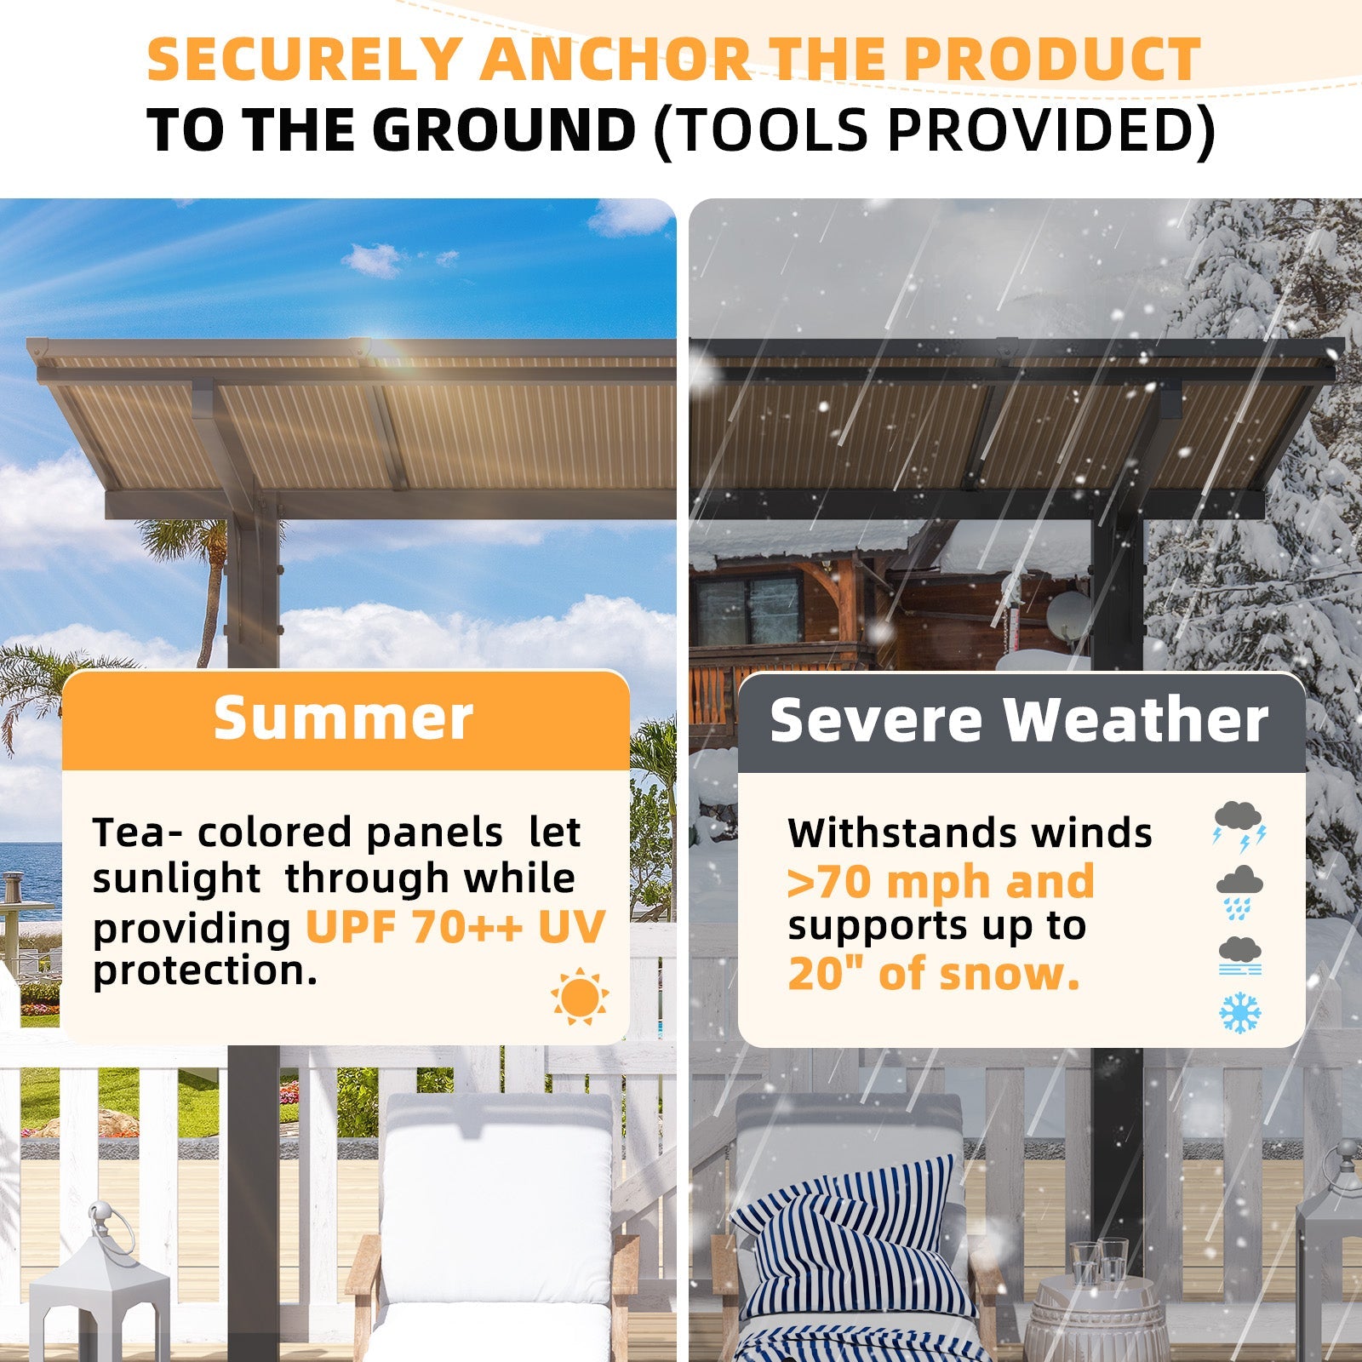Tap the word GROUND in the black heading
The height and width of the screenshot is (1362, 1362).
coord(503,130)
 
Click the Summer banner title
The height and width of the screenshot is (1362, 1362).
coord(343,719)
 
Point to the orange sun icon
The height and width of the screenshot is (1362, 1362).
coord(580,996)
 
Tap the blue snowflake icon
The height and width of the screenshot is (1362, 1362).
coord(1240,1013)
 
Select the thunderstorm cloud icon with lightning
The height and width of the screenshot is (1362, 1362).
coord(1239,824)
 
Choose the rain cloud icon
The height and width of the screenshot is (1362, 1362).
coord(1239,891)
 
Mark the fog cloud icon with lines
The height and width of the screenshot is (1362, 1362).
coord(1239,955)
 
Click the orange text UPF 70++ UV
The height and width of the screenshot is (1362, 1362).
coord(455,927)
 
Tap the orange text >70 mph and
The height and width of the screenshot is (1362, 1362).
coord(941,881)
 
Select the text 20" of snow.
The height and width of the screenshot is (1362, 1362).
coord(934,973)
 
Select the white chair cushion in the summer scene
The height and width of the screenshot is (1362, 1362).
coord(496,1209)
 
